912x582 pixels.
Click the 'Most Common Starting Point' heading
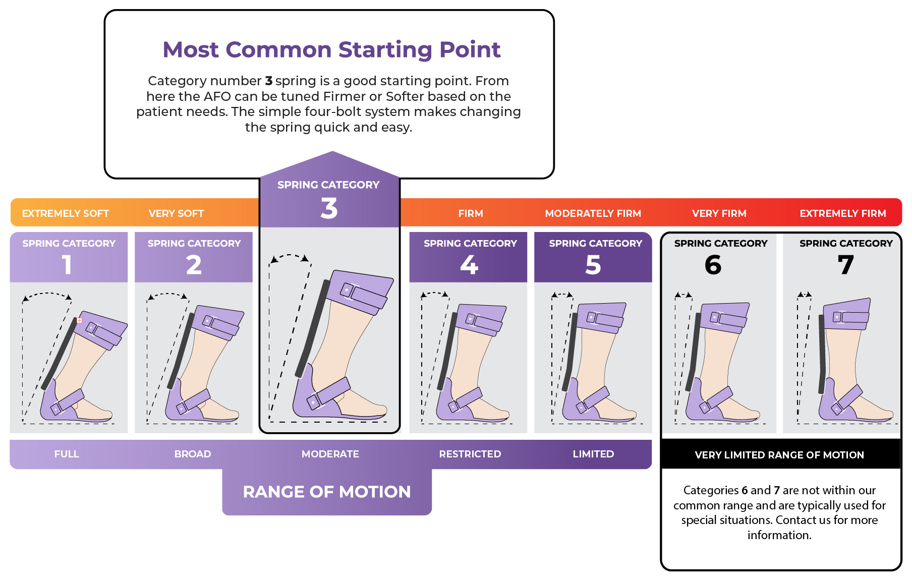331,49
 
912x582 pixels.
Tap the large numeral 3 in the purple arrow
329,208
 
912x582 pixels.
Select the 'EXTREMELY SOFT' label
66,213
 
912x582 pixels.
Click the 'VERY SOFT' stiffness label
176,213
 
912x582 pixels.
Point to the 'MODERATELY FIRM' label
593,213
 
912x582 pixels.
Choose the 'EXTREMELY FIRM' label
842,213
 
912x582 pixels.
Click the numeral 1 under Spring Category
67,265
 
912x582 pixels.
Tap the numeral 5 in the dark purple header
593,265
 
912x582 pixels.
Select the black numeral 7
846,265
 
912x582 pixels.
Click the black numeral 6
713,265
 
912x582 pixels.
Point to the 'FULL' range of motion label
67,454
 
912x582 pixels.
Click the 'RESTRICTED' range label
470,454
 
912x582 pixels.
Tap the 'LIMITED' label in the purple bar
593,454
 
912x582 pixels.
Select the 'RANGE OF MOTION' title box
327,492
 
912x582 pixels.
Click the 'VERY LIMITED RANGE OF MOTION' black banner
779,455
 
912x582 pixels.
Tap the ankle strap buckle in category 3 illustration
313,402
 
